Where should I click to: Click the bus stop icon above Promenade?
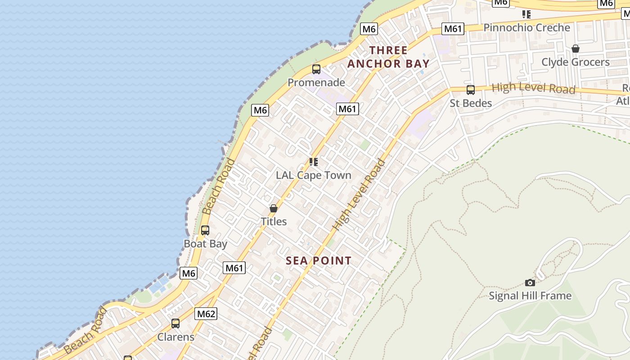click(316, 69)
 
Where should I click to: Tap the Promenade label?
click(316, 83)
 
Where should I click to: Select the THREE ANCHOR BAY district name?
click(388, 57)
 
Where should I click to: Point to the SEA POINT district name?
click(319, 261)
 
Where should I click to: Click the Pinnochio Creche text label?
click(526, 28)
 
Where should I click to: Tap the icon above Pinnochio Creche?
click(526, 14)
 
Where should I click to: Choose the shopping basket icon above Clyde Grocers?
click(575, 49)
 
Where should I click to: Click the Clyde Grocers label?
click(575, 62)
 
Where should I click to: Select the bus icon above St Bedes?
click(471, 90)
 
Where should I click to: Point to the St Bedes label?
click(471, 103)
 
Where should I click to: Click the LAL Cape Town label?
click(313, 175)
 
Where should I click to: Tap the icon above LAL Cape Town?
click(313, 162)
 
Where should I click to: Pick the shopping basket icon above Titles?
click(273, 208)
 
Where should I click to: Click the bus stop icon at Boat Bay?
click(205, 230)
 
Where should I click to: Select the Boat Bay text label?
click(205, 244)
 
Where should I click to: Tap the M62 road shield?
click(206, 314)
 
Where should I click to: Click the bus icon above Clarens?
click(175, 324)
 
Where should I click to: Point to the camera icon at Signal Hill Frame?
click(530, 283)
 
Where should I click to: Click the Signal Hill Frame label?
click(530, 296)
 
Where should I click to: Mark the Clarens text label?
click(175, 337)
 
